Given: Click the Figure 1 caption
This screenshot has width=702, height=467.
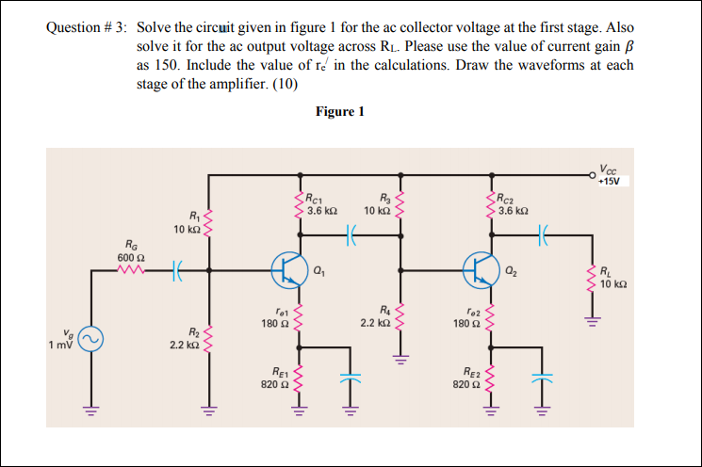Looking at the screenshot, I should (x=340, y=111).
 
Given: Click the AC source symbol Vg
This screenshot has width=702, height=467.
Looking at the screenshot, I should (x=91, y=339).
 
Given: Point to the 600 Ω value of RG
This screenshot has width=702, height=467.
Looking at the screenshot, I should (x=130, y=258).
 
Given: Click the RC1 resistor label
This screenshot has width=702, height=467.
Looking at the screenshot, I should (x=320, y=203).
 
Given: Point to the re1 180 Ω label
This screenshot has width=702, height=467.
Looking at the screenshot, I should (x=276, y=317).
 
